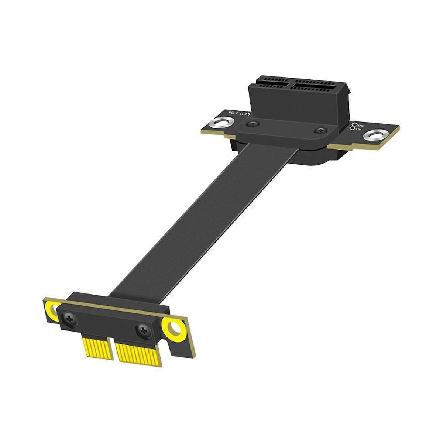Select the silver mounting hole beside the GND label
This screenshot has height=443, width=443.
click(372, 135)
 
